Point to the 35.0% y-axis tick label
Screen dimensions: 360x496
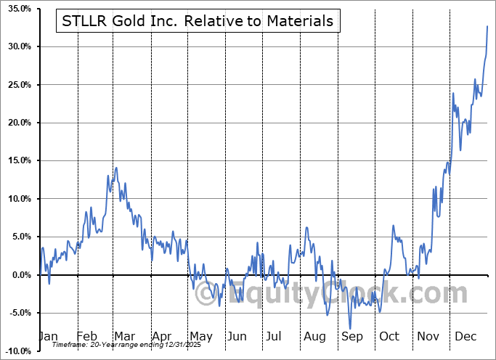pyautogui.click(x=19, y=9)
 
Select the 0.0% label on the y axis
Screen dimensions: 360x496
pyautogui.click(x=22, y=275)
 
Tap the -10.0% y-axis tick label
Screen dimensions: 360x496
pyautogui.click(x=19, y=351)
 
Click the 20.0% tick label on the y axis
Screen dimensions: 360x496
pyautogui.click(x=19, y=123)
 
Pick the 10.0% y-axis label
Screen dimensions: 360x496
pyautogui.click(x=19, y=199)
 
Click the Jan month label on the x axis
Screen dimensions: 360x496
pyautogui.click(x=48, y=336)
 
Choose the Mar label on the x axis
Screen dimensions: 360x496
pyautogui.click(x=123, y=336)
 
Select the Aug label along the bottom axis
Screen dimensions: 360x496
pyautogui.click(x=315, y=336)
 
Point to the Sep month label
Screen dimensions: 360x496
pyautogui.click(x=352, y=336)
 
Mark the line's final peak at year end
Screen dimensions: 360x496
pyautogui.click(x=487, y=26)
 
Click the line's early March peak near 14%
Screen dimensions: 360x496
pyautogui.click(x=115, y=168)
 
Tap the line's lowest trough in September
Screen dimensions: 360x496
pyautogui.click(x=350, y=329)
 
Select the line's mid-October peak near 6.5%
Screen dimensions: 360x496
pyautogui.click(x=393, y=226)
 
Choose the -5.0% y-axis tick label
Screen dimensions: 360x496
pyautogui.click(x=20, y=313)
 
